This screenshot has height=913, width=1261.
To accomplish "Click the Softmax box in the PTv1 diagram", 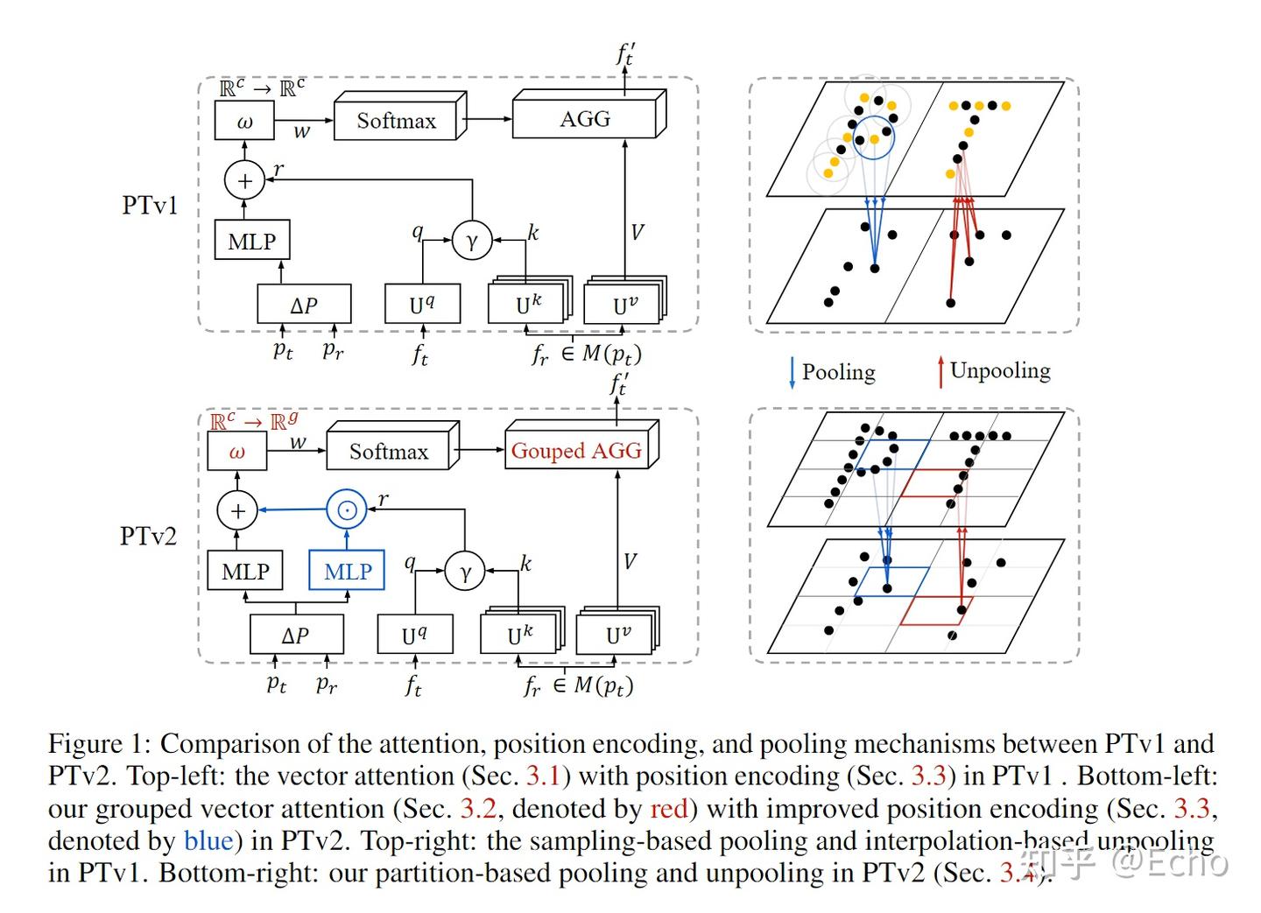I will (x=396, y=121).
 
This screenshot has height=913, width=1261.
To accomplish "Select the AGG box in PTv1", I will (x=584, y=119).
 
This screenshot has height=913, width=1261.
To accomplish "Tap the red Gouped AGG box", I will (x=576, y=451).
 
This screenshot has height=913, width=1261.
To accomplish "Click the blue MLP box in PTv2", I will (x=347, y=572).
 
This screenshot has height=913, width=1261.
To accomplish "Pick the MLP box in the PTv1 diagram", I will (x=251, y=241).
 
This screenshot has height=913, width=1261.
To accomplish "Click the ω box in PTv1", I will (x=244, y=122).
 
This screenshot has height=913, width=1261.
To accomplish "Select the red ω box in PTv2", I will (x=236, y=453).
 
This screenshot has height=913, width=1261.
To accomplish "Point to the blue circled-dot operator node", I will (x=347, y=510).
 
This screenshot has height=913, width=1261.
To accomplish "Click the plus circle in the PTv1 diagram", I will (x=244, y=180).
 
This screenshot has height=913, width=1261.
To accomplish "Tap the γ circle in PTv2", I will (x=465, y=572).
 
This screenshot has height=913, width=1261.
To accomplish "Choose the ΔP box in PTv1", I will (x=304, y=305).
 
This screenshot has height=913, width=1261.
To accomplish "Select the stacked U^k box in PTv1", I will (x=527, y=304).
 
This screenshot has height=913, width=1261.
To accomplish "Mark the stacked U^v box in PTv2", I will (x=616, y=634).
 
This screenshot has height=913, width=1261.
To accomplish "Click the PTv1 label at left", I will (x=150, y=205).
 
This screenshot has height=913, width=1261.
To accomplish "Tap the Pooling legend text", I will (x=838, y=372).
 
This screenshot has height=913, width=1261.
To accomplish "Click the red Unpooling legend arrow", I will (x=940, y=372).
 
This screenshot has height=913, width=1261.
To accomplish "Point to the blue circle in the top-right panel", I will (x=874, y=139).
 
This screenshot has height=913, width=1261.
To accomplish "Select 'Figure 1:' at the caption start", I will (x=100, y=744).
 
